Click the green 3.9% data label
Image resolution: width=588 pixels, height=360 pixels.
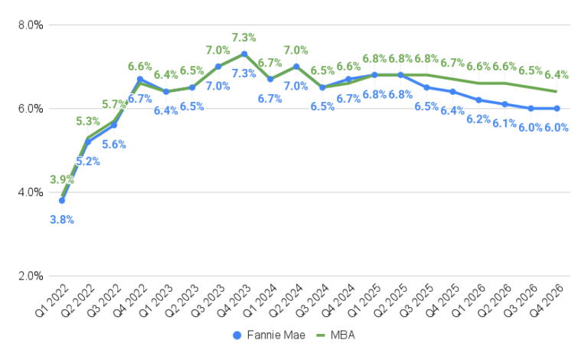click(x=62, y=180)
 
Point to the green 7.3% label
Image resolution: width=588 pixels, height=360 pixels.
click(x=243, y=37)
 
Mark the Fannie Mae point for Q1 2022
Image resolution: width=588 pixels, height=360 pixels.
click(x=62, y=201)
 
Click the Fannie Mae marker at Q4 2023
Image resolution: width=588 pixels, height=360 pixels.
click(x=243, y=54)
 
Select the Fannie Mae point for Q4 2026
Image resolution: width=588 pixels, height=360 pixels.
click(x=557, y=108)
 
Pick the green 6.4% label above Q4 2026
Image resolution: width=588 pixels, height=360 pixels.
click(x=557, y=74)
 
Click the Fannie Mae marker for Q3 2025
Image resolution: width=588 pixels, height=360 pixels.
click(x=426, y=87)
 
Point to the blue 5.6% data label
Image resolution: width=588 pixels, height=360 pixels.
click(x=114, y=144)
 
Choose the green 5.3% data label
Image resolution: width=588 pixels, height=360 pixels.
click(x=89, y=121)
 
